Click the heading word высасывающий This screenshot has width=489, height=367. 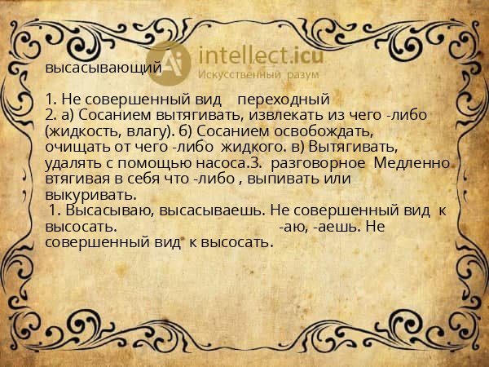104,68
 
